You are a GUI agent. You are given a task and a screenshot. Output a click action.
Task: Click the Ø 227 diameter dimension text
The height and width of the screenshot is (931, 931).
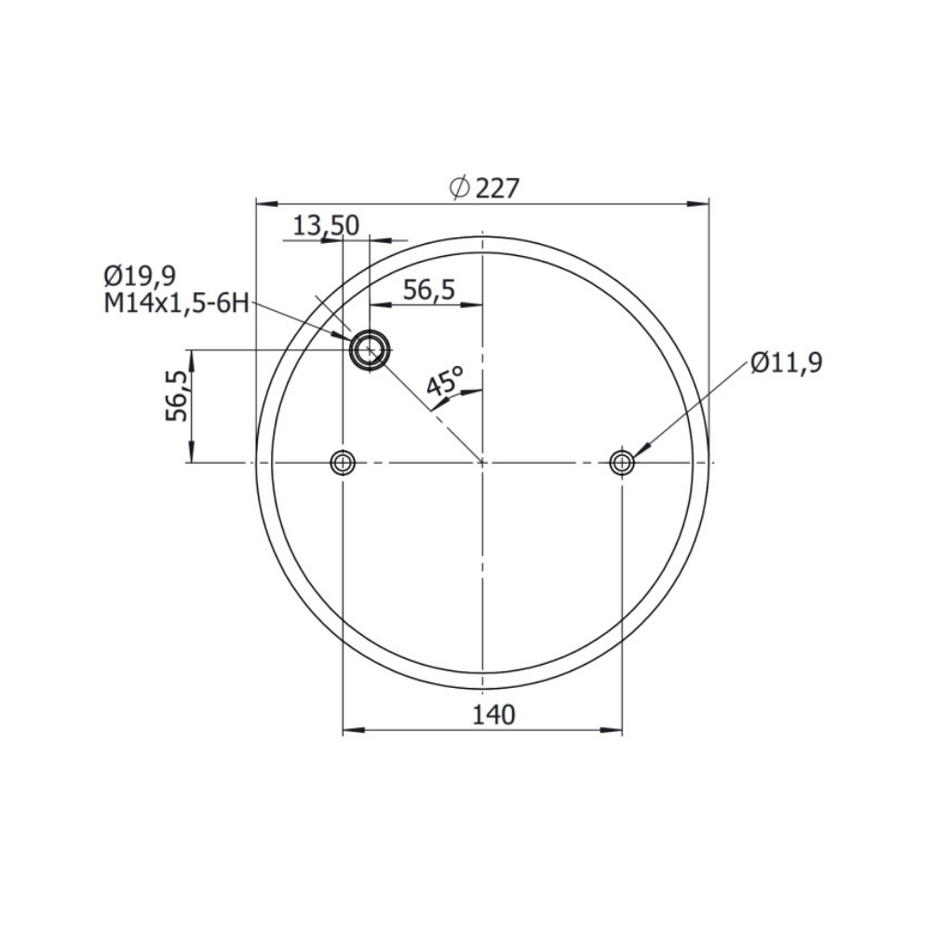coord(484,188)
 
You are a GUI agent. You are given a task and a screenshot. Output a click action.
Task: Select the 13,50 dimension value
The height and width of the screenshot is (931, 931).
coord(327,226)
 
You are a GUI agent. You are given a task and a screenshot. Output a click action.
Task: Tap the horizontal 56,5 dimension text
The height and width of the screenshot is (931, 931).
coord(428,290)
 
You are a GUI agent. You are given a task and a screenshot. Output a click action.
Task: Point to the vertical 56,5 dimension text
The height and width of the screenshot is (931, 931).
coord(176,396)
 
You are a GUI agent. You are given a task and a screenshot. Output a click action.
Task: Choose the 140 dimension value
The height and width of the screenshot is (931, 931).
coord(493,715)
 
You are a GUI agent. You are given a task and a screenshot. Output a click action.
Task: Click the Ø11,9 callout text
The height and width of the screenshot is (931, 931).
coord(786,362)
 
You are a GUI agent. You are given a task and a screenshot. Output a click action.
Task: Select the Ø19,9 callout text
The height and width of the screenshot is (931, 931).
coord(141,277)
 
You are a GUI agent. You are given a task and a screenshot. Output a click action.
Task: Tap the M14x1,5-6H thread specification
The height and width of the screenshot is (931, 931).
coord(176,304)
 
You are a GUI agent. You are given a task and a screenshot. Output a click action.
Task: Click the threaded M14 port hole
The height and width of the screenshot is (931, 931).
coord(370,350)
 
